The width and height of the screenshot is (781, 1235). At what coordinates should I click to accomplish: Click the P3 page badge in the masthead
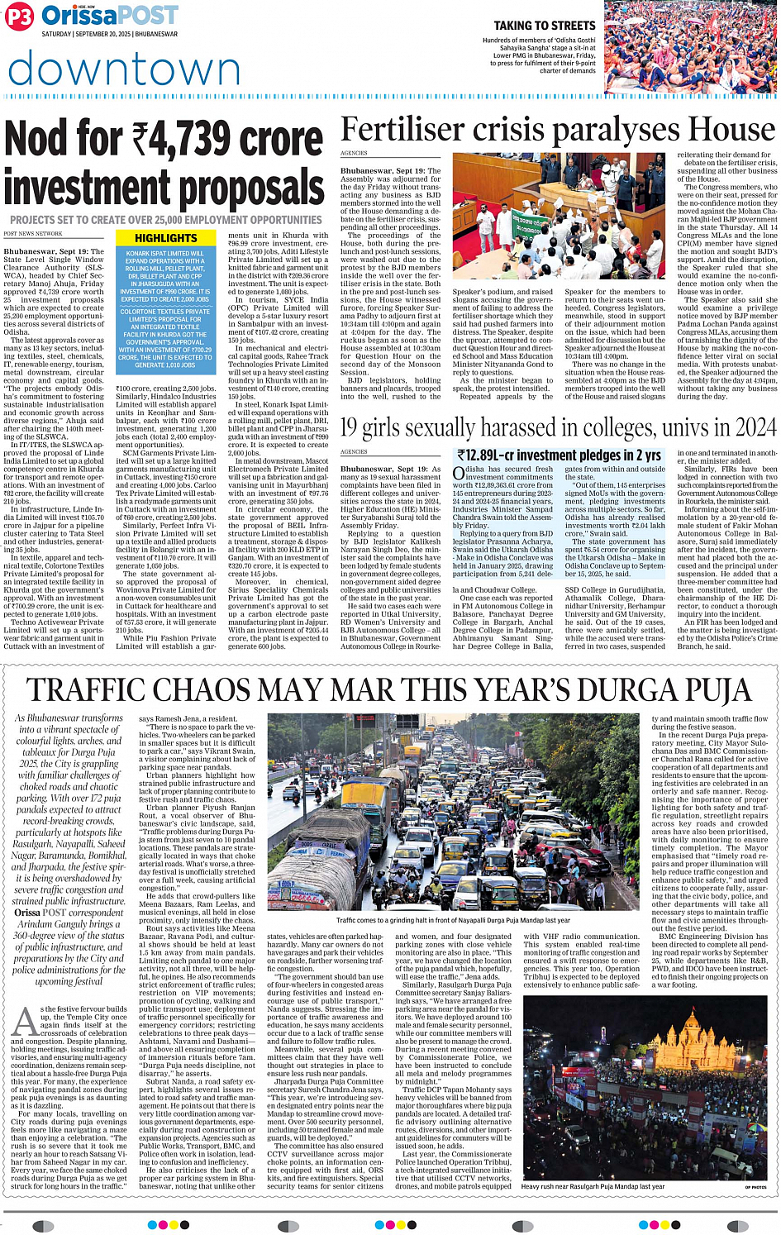(x=21, y=17)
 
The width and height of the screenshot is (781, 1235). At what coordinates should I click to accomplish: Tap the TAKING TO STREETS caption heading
(x=545, y=26)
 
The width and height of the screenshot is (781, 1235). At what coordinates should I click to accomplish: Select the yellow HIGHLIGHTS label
(x=165, y=238)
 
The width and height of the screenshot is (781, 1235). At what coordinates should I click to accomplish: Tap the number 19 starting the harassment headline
(x=349, y=427)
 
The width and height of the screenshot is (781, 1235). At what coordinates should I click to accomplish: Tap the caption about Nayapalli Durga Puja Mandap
(x=453, y=920)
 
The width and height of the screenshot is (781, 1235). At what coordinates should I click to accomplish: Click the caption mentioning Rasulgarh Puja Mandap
(x=593, y=1186)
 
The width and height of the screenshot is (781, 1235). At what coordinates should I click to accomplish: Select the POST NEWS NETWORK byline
(x=33, y=234)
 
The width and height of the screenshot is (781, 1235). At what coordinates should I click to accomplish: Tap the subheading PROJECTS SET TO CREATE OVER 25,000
(x=165, y=220)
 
